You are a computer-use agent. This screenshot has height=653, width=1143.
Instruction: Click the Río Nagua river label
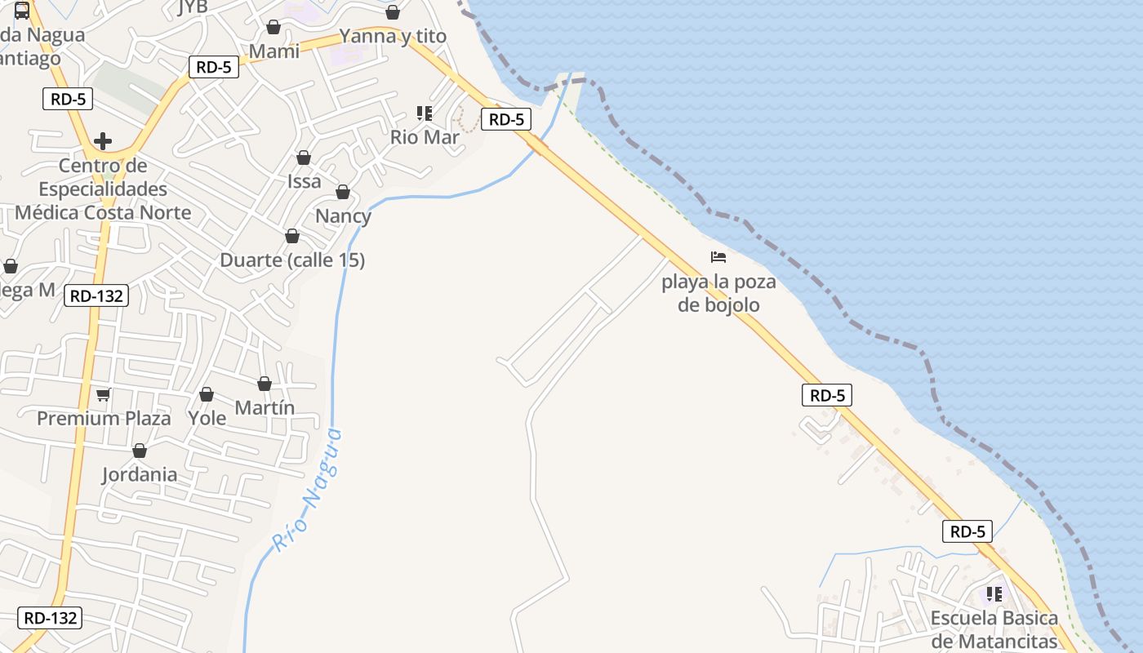coord(308,490)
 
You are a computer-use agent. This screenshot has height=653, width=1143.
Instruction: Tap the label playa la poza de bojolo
coord(718,294)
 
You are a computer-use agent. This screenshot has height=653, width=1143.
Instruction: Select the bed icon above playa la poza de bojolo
coord(718,257)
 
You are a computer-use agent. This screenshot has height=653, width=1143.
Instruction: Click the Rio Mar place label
coord(425,137)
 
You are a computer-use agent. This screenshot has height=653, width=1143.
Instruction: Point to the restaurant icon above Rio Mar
coord(424,113)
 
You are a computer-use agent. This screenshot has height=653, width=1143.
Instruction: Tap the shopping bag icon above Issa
coord(304,158)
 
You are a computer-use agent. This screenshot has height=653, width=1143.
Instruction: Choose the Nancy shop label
coord(343,216)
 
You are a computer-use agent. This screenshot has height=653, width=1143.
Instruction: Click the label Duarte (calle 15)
coord(292,260)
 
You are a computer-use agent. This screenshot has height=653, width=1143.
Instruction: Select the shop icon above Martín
coord(265,384)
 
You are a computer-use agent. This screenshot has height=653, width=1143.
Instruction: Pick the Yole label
coord(207,418)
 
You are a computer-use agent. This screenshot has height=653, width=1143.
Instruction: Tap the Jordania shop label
coord(140,474)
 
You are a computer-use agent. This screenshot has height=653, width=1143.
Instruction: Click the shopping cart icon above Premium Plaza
coord(103,395)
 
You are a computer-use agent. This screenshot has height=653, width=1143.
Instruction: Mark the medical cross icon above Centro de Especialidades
coord(103,141)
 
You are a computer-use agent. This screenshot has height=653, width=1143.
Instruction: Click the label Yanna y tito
coord(393,36)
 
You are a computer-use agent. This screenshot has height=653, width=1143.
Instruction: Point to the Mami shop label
coord(274,51)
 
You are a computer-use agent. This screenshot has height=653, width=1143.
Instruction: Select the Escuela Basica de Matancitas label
coord(994,629)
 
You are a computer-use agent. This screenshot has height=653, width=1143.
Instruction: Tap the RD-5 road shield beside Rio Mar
coord(506,119)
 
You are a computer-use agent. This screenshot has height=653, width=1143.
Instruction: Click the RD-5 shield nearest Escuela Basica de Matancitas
coord(967,531)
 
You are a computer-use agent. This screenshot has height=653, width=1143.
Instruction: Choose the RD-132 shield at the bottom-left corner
coord(51,618)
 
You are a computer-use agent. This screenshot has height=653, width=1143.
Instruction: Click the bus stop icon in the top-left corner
coord(22,11)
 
